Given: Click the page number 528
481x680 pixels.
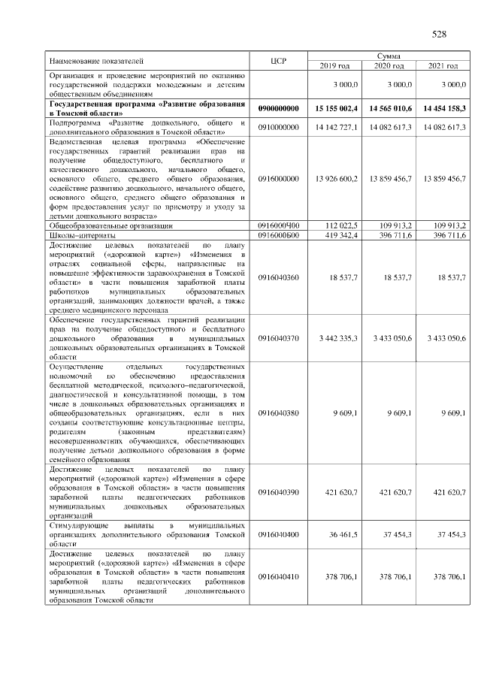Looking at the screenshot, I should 439,34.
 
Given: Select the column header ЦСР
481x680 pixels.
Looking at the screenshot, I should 278,61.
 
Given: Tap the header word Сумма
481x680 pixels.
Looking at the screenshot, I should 389,56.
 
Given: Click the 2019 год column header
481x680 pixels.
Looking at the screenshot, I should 335,66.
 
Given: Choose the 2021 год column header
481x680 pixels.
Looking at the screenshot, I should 442,66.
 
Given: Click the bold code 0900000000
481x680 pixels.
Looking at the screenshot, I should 278,109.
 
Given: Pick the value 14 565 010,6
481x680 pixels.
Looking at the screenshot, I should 388,109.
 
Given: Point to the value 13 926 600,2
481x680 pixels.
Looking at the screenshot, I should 334,178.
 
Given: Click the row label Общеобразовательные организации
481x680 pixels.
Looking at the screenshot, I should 111,225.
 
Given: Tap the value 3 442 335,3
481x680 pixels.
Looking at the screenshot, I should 336,339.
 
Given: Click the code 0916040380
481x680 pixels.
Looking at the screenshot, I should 278,413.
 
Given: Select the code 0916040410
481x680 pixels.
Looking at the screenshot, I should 278,576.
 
